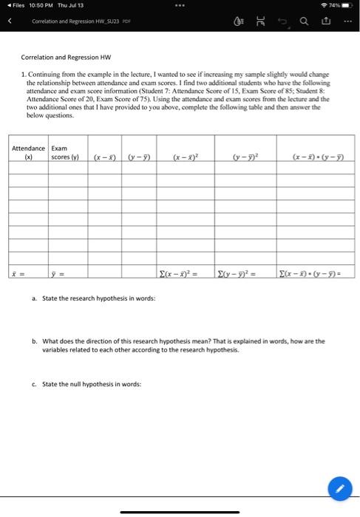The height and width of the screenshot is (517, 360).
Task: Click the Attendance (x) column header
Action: (x=29, y=152)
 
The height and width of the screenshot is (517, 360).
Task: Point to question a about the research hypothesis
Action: (x=95, y=297)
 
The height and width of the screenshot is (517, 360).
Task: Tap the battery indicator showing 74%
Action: (x=343, y=6)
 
